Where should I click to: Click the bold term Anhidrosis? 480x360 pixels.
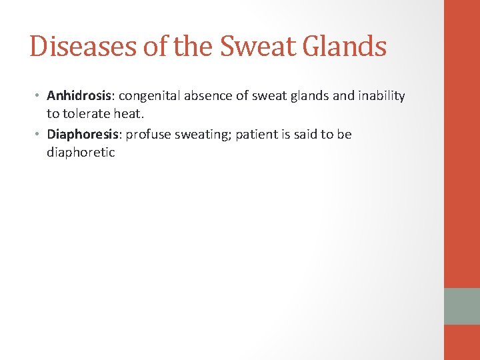click(x=79, y=96)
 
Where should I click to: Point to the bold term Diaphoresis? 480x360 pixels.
click(x=83, y=135)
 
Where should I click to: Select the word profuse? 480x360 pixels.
click(x=147, y=135)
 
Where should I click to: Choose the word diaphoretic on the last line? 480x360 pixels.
click(x=81, y=153)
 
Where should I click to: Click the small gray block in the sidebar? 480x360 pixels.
click(x=461, y=306)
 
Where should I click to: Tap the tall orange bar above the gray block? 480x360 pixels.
click(x=461, y=143)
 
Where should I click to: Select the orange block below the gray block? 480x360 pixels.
click(x=461, y=342)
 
